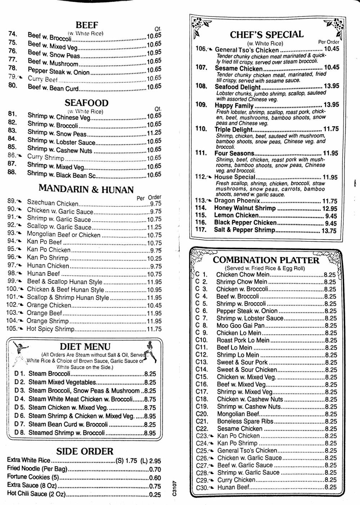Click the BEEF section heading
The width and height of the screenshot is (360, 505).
click(87, 25)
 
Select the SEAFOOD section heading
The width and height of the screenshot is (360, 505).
click(86, 104)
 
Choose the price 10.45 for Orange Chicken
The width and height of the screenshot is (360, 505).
click(154, 305)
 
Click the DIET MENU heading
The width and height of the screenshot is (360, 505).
click(85, 347)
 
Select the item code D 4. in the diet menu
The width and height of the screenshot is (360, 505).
click(19, 399)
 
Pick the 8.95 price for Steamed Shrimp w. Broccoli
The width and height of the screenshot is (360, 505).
click(150, 433)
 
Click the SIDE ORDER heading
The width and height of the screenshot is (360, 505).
click(85, 451)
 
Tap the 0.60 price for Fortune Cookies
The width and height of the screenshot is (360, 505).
click(155, 478)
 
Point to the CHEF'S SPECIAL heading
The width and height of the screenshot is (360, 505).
click(267, 35)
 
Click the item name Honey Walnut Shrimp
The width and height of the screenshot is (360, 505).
click(245, 208)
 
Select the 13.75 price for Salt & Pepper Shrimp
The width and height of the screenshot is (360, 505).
click(329, 231)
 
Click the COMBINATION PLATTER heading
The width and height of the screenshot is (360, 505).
click(266, 260)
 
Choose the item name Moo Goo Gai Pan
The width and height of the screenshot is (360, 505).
click(240, 326)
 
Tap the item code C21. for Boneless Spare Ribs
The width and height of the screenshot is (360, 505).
click(202, 421)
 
